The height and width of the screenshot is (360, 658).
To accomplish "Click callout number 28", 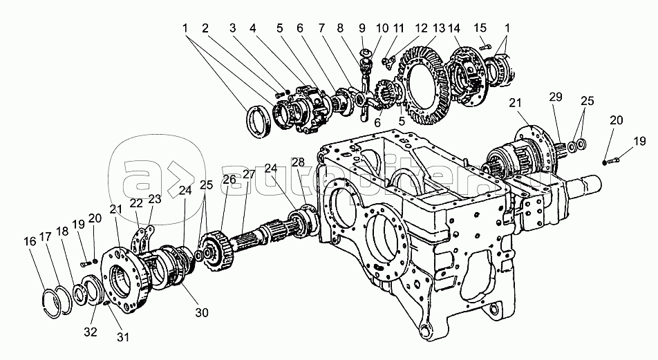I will pyautogui.click(x=297, y=162).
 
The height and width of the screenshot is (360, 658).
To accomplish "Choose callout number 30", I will pyautogui.click(x=201, y=312).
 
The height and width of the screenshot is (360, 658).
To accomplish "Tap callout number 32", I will pyautogui.click(x=91, y=332).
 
